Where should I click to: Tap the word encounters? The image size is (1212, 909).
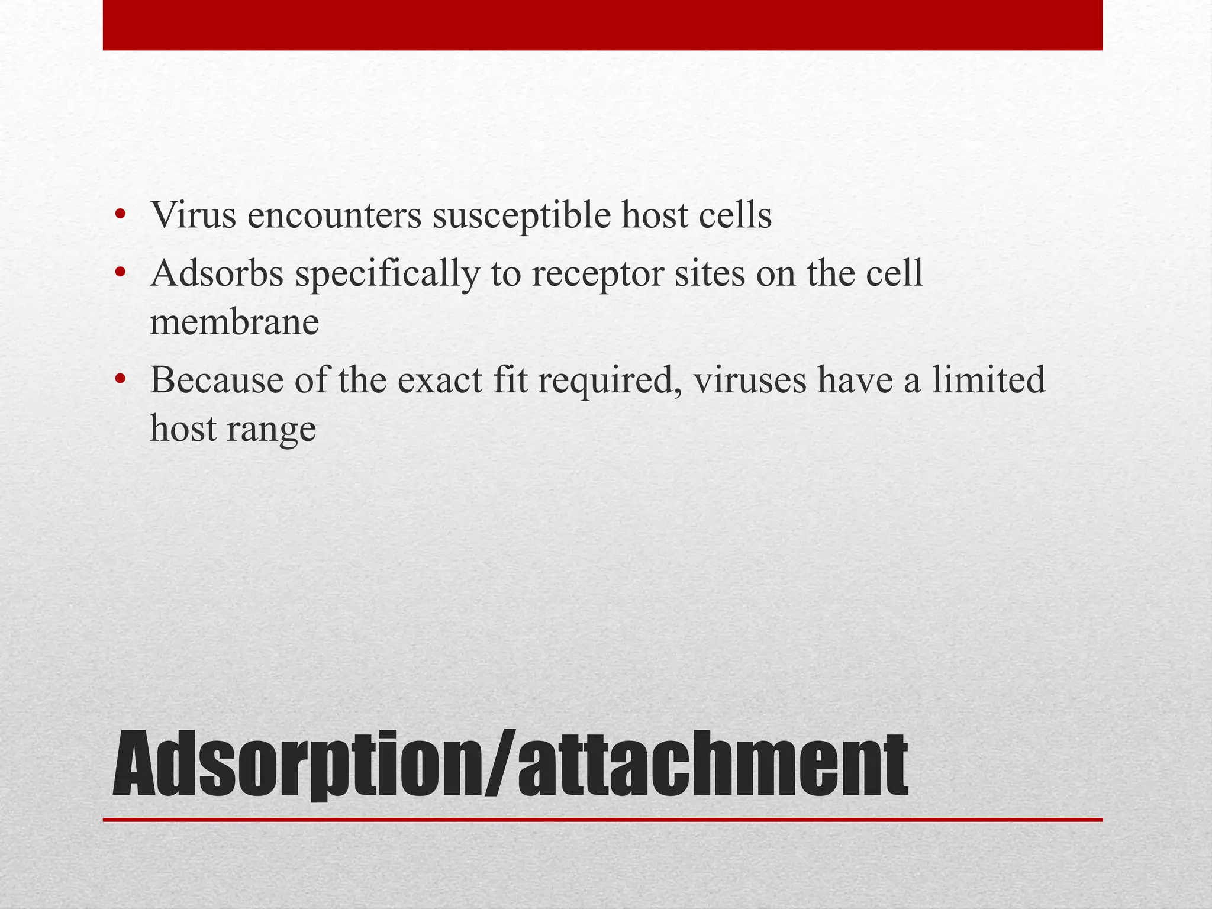(x=334, y=215)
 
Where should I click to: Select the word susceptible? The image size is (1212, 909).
(x=521, y=215)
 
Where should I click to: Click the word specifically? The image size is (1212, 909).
(x=387, y=275)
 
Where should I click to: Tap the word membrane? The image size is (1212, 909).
(x=234, y=323)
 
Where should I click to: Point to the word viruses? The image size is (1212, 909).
(x=749, y=380)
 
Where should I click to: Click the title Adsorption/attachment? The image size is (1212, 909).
(x=510, y=765)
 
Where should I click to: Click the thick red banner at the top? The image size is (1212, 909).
(x=602, y=25)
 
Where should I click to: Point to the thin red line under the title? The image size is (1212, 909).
(x=602, y=820)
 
